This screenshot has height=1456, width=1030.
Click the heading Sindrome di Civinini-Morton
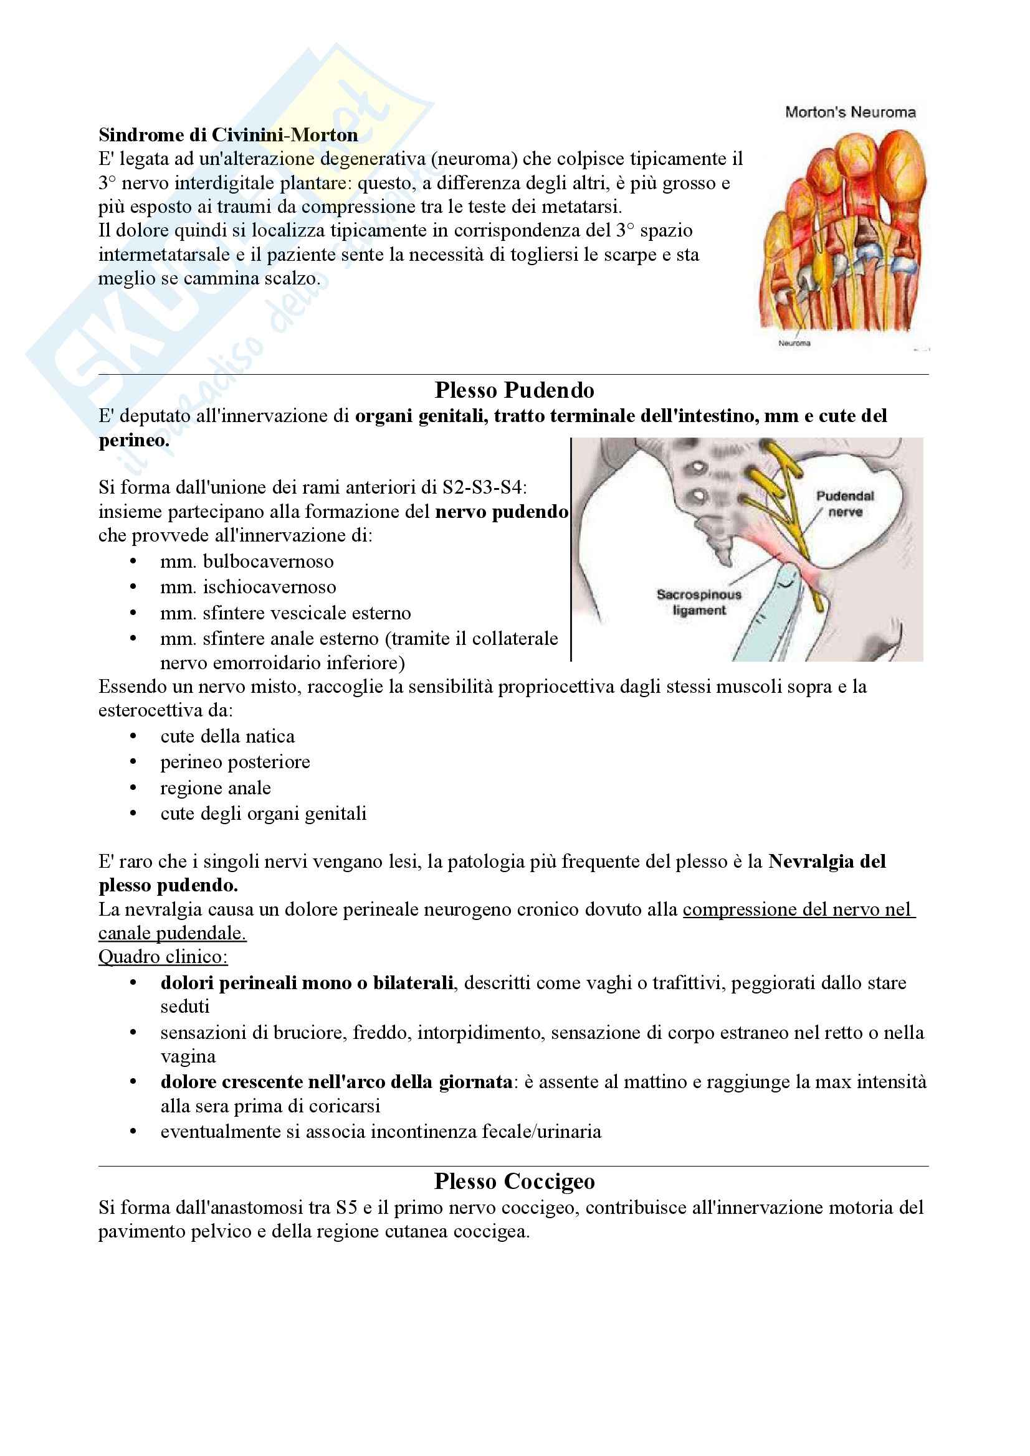(x=228, y=135)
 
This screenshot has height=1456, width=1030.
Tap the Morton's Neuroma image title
(x=850, y=112)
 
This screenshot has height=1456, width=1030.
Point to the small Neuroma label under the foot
(x=794, y=343)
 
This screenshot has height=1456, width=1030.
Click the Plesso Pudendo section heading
(x=514, y=390)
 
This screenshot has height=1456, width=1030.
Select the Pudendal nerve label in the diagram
(x=845, y=504)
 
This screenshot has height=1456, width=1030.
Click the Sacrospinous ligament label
(x=699, y=602)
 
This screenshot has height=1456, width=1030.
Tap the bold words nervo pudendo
(x=502, y=511)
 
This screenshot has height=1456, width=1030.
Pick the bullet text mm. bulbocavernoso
(x=246, y=561)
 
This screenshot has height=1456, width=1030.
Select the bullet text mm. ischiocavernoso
(x=247, y=587)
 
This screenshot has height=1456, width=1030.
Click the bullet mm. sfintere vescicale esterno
(x=285, y=613)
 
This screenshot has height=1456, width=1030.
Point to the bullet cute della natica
(x=227, y=736)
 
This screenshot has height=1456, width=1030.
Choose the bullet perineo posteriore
(x=235, y=761)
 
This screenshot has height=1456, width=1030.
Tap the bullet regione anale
(x=215, y=787)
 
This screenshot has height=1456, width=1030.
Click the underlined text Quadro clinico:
(x=163, y=956)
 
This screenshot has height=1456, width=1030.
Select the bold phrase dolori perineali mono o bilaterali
(x=307, y=982)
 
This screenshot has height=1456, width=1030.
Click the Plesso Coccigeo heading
(x=514, y=1181)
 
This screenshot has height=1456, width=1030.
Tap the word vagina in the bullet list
(x=188, y=1056)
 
